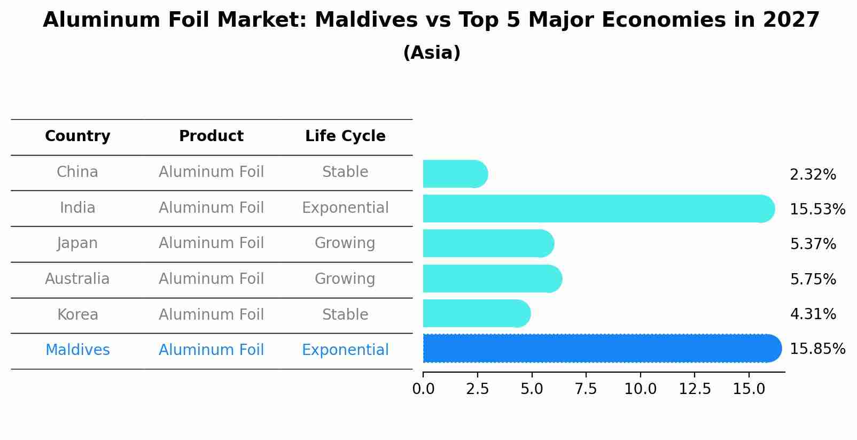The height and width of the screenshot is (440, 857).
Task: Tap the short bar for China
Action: tap(455, 174)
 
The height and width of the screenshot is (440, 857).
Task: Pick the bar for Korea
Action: tap(476, 313)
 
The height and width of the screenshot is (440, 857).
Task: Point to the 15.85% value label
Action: tap(817, 349)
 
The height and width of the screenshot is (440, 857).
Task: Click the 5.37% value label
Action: tap(813, 244)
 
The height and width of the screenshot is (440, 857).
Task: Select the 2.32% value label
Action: tap(813, 175)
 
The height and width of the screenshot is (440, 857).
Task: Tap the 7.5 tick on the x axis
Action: tap(586, 389)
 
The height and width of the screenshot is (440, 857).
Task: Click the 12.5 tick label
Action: tap(695, 389)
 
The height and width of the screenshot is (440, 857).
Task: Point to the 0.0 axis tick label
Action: tap(423, 389)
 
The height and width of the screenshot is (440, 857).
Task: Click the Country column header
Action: tap(77, 136)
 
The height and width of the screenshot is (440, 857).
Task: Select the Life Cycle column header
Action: tap(345, 136)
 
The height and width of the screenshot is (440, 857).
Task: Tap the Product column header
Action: tap(211, 136)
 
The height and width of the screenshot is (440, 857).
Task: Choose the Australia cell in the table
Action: tap(77, 279)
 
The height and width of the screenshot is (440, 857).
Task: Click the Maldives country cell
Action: tap(77, 350)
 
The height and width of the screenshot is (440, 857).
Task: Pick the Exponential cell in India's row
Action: tap(345, 208)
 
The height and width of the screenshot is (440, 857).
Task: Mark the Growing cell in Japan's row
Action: tap(345, 243)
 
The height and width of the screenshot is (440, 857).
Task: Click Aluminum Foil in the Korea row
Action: tap(211, 315)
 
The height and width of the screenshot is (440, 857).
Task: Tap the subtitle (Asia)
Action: tap(432, 53)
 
